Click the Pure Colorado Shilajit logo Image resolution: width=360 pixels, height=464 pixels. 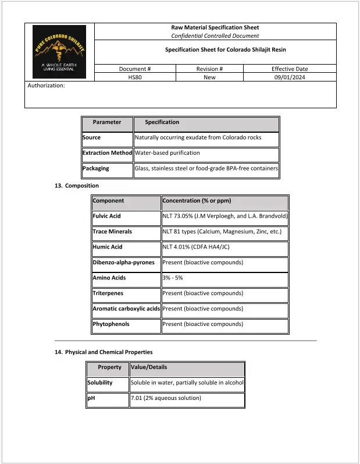tap(59, 52)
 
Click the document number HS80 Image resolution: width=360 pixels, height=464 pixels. tap(135, 77)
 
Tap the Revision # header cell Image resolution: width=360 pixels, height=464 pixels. tap(209, 69)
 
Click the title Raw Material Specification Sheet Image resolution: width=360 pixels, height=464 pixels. tap(215, 27)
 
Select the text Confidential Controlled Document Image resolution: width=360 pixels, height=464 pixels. tap(215, 36)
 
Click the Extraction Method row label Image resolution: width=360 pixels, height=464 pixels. tap(108, 153)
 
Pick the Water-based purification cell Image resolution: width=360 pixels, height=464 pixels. tap(167, 153)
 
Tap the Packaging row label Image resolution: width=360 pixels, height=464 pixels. tap(96, 168)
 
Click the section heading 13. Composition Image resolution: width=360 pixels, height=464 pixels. tap(76, 186)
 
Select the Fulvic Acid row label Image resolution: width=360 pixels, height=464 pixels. tap(107, 216)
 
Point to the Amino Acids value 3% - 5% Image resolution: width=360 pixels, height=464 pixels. tap(173, 278)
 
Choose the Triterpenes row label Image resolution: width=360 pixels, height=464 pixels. tap(108, 293)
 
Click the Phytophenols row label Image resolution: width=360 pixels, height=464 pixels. tap(111, 324)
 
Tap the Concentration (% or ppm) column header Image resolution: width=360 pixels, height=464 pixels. tap(197, 201)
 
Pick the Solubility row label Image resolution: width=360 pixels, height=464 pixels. tap(99, 383)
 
